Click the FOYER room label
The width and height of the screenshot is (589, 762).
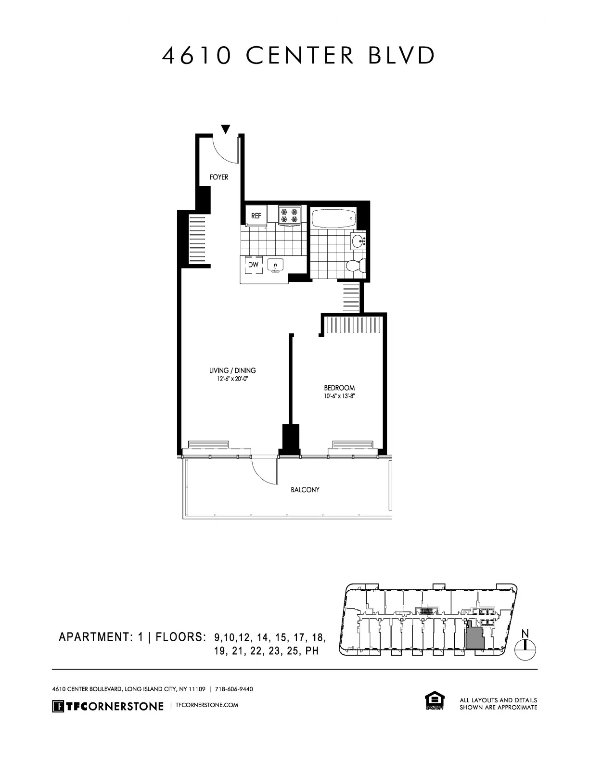[219, 177]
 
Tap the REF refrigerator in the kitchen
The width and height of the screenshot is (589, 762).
[256, 216]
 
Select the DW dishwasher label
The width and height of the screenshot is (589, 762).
[253, 265]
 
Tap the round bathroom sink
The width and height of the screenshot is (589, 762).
[359, 241]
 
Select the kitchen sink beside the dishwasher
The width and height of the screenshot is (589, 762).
[276, 265]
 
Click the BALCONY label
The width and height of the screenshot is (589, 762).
[305, 490]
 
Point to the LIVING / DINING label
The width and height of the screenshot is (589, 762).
[232, 370]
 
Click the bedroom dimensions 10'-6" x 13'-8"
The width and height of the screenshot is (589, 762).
[339, 397]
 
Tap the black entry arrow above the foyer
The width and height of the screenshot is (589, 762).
[225, 129]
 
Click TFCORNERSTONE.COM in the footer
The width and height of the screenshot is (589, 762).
[207, 705]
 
